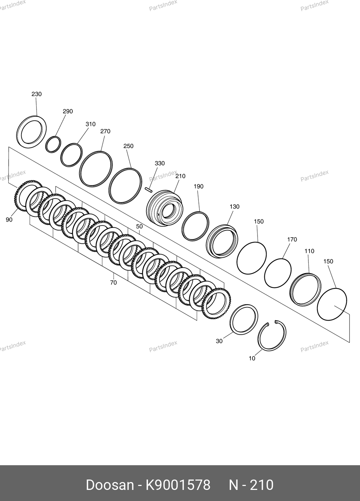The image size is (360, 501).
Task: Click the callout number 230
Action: [x=37, y=94]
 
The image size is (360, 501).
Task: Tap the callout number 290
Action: [x=68, y=111]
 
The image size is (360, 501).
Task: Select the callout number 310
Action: [x=90, y=124]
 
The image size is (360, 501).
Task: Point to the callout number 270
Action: [x=105, y=131]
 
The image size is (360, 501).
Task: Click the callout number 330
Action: [x=160, y=164]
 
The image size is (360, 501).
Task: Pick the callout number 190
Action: [x=198, y=186]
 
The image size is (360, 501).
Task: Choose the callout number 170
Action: [x=292, y=239]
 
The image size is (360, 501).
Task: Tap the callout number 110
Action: [x=309, y=251]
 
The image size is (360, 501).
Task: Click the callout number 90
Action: [x=9, y=220]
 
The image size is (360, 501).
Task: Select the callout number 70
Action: [x=114, y=283]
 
